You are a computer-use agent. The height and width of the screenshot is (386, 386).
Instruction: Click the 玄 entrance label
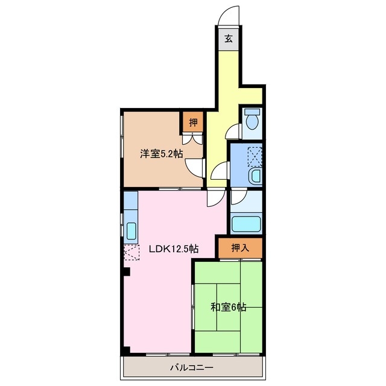[229, 40]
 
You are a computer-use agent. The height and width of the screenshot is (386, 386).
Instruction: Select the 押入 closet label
[239, 247]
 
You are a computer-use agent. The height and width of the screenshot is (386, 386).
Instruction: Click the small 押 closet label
[193, 123]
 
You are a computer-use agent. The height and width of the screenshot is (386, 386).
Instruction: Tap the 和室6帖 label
[228, 307]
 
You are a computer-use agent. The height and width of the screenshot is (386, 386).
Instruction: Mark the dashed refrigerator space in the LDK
[131, 253]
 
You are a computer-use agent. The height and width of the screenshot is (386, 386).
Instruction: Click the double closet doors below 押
[194, 139]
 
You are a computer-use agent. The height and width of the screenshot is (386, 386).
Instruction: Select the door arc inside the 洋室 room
[195, 167]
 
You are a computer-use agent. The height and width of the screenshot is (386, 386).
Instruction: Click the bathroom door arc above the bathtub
[238, 197]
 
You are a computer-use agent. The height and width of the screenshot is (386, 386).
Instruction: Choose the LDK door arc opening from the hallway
[214, 197]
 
